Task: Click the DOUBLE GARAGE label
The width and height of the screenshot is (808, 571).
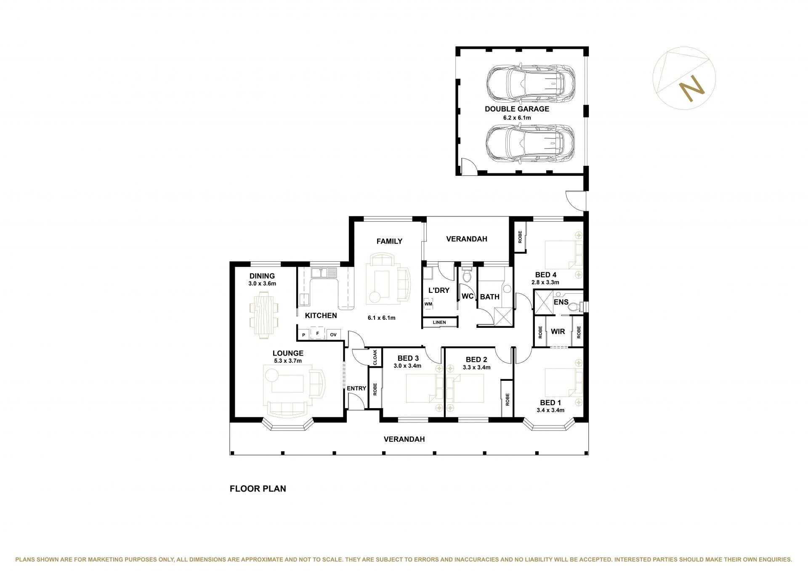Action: tap(517, 109)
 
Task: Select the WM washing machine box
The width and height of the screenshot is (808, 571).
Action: tap(428, 304)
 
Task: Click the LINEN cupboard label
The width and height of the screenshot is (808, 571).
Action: tap(439, 322)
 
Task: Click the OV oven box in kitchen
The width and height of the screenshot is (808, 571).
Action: tap(333, 335)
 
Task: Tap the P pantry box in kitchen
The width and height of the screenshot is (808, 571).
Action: tap(303, 335)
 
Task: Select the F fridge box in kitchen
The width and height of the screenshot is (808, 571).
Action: tap(318, 334)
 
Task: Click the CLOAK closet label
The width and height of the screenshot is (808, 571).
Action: tap(375, 357)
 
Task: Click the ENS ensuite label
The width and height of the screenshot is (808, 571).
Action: tap(561, 302)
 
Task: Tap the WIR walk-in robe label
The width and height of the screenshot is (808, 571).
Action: tap(558, 332)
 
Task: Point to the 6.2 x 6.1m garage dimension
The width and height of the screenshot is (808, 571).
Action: tap(517, 118)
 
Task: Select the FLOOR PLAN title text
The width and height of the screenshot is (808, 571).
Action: tap(258, 489)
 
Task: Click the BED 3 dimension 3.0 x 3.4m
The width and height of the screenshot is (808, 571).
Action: tap(407, 366)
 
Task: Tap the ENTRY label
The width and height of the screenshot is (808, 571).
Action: tap(356, 388)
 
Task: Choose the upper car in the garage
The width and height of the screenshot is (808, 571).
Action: tap(530, 84)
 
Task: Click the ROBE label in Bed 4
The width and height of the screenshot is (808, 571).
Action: tap(520, 237)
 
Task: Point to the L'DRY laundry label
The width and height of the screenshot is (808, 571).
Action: tap(439, 290)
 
